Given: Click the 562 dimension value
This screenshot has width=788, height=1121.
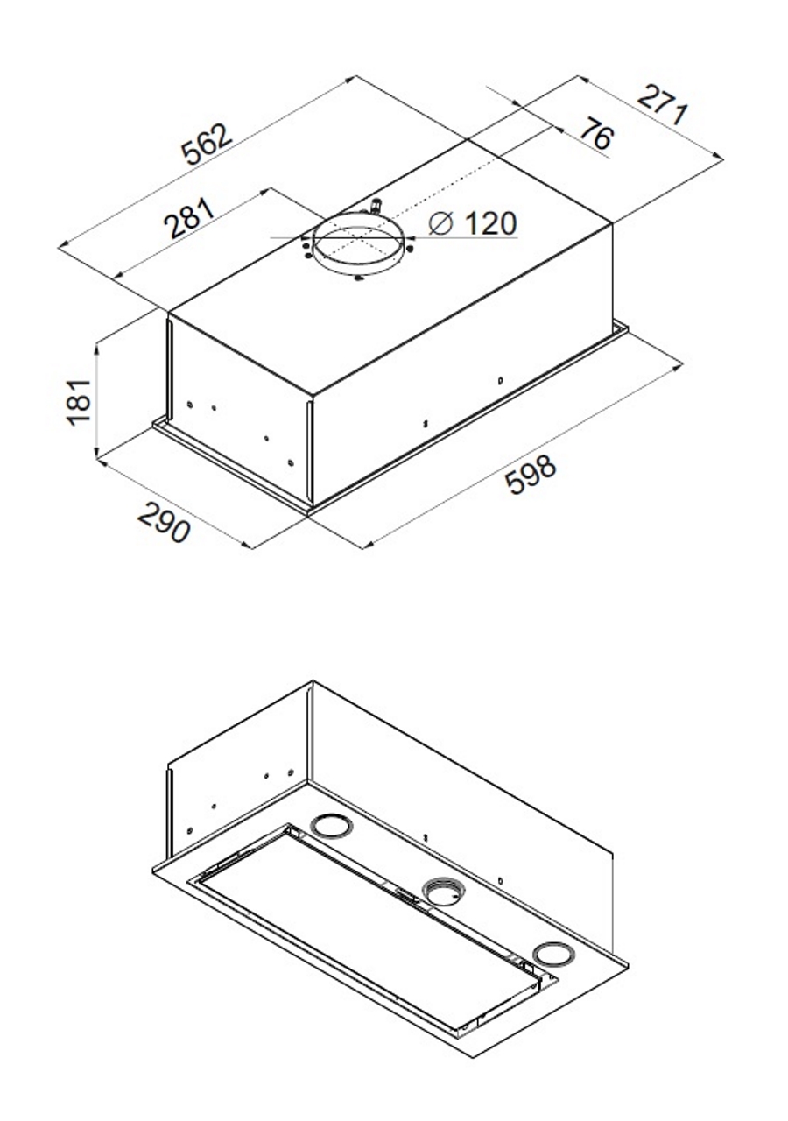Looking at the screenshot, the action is coord(207,145).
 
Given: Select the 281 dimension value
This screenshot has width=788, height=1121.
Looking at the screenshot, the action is coord(190,218).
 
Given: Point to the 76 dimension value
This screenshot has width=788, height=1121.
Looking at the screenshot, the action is coord(597,132).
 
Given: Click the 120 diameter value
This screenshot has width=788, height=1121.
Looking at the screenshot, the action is coord(491,223).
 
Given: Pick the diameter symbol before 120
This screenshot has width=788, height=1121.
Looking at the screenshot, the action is coord(440,223).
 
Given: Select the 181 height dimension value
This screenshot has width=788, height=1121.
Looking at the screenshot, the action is coord(80,403).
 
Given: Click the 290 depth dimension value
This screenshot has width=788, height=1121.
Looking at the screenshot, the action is coord(164,523).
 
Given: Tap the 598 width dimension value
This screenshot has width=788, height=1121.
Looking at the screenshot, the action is coord(531,474).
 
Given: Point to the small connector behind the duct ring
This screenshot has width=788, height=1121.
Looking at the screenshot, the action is coord(374,206).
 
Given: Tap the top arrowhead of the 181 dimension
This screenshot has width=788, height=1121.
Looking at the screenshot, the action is coord(97,345).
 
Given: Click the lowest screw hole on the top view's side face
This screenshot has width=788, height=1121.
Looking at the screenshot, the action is coord(291,463).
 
